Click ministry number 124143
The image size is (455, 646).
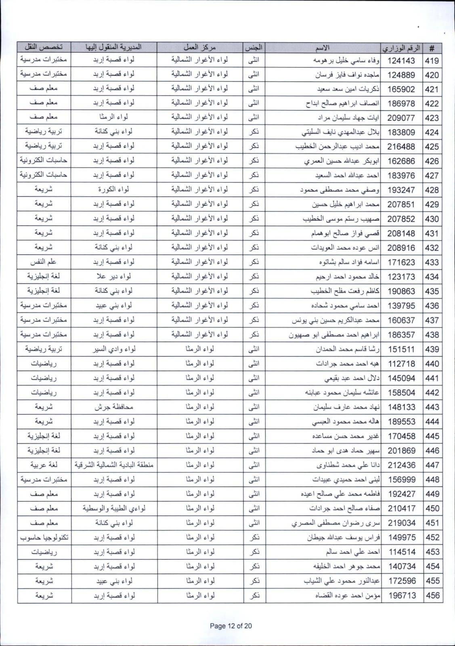coord(401,61)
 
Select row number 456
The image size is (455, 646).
coord(432,596)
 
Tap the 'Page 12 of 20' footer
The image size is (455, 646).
coord(231,626)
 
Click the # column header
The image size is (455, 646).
coord(432,48)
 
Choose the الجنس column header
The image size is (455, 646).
coord(254,48)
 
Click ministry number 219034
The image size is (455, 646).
coord(401,523)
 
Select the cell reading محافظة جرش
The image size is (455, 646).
coord(114,407)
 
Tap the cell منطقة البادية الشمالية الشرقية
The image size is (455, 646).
coord(114,465)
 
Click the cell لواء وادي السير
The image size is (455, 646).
coord(114,349)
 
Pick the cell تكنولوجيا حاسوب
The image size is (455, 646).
coord(44,537)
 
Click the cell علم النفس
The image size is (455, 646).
coord(44,262)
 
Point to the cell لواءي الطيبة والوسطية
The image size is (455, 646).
coord(114,508)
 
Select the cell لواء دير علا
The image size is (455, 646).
coord(114,277)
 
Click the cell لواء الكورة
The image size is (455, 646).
coord(114,189)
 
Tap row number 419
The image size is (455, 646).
coord(432,61)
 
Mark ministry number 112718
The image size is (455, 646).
coord(401,364)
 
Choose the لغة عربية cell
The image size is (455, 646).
coord(44,465)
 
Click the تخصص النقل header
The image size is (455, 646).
coord(44,48)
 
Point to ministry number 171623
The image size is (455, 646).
coord(401,262)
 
